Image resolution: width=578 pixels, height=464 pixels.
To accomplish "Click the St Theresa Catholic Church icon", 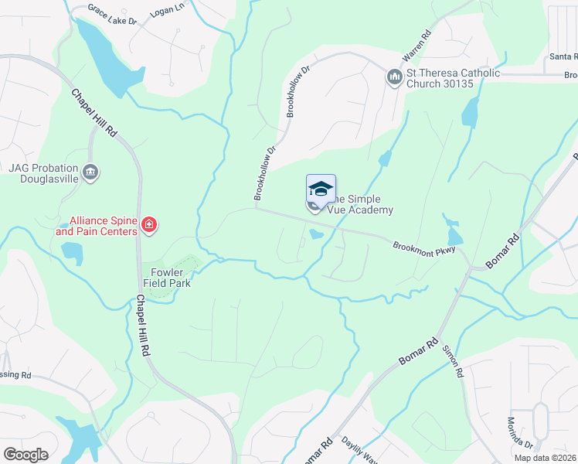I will tap(395, 78).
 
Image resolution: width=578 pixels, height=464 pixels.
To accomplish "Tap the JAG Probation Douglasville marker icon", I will tap(91, 172).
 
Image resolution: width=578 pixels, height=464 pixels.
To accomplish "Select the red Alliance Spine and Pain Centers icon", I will tap(149, 226).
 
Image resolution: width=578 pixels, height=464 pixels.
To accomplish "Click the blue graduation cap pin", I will tap(321, 189).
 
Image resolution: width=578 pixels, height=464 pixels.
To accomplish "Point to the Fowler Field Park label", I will tap(165, 278).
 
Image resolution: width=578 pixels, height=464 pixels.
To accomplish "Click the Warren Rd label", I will tap(415, 47).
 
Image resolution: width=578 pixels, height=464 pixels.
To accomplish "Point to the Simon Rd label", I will tap(452, 360).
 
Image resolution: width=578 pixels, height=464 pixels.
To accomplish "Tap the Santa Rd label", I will tap(563, 56).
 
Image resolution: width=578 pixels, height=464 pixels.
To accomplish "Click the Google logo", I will tap(25, 454).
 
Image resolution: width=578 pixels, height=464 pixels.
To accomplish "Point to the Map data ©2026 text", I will tap(545, 458).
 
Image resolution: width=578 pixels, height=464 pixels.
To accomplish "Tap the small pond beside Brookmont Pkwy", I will tap(316, 234).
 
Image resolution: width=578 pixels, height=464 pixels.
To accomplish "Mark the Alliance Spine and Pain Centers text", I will tap(97, 226).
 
